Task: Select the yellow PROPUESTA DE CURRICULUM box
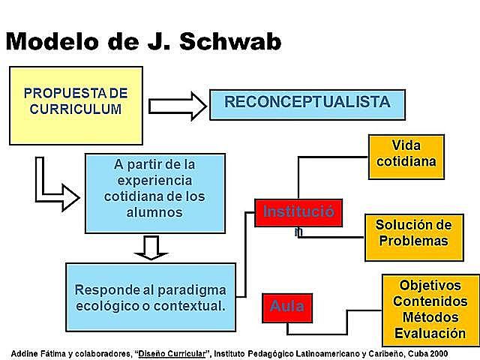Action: pyautogui.click(x=76, y=105)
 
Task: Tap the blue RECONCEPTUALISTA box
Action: pyautogui.click(x=307, y=103)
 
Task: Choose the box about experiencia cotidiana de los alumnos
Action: pyautogui.click(x=155, y=192)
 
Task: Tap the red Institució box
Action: pyautogui.click(x=298, y=213)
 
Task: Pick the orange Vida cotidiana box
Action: pyautogui.click(x=406, y=157)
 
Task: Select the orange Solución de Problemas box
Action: pyautogui.click(x=413, y=233)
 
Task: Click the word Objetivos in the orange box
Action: pyautogui.click(x=430, y=286)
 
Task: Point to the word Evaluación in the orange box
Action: pyautogui.click(x=430, y=334)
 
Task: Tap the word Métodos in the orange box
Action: pyautogui.click(x=430, y=318)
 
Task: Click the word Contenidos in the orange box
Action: pyautogui.click(x=430, y=301)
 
